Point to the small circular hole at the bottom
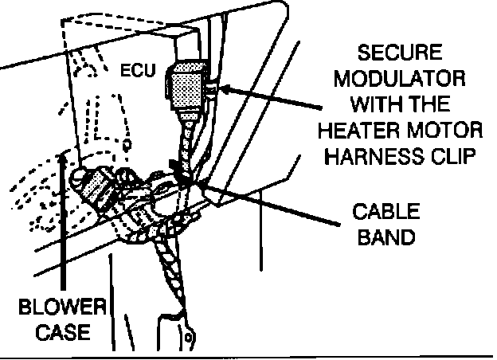pyautogui.click(x=188, y=340)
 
